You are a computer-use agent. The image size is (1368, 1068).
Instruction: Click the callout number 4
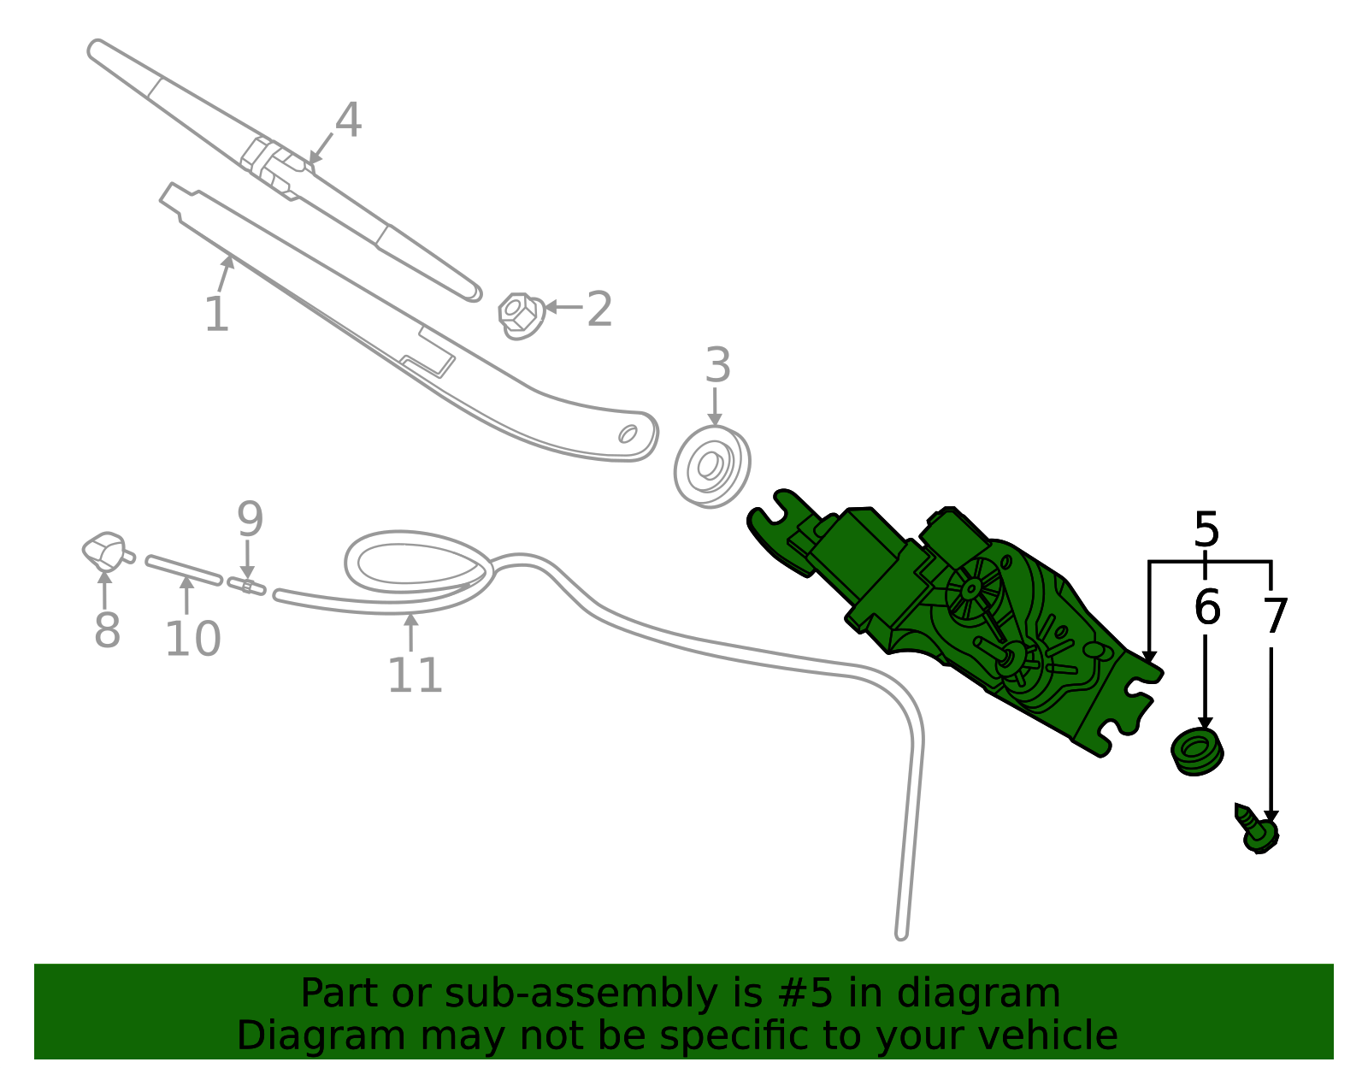coord(348,120)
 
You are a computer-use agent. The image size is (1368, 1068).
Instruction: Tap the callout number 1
coord(217,314)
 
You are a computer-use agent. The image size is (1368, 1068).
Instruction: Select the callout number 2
coord(599,309)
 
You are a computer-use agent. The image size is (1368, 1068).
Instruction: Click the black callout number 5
coord(1206,530)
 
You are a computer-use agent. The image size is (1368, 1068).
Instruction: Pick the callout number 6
coord(1207,607)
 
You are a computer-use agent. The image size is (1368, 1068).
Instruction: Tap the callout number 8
coord(107,629)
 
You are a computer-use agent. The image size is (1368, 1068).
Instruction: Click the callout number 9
coord(250,519)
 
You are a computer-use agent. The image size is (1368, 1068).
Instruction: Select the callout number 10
coord(192,639)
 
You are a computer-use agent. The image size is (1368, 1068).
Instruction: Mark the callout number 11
coord(415,676)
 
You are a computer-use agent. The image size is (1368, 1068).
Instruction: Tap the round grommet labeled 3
coord(712,467)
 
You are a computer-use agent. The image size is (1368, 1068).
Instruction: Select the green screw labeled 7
coord(1257,829)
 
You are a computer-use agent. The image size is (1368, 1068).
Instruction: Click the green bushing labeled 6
coord(1197,752)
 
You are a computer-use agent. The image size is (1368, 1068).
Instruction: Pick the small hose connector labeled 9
coord(247,587)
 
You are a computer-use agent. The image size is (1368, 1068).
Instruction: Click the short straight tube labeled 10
coord(184,570)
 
